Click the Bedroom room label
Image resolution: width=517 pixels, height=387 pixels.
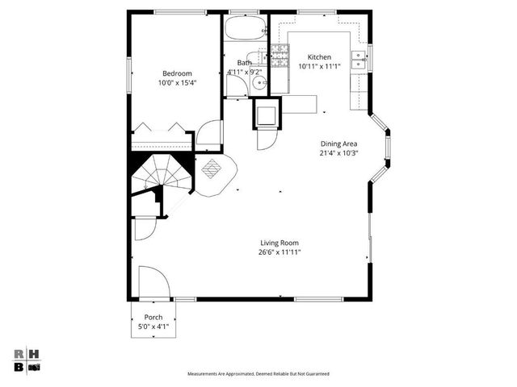click(x=176, y=73)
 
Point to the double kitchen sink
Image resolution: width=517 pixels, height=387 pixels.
click(x=360, y=57)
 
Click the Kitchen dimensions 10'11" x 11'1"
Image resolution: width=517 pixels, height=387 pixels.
click(x=320, y=66)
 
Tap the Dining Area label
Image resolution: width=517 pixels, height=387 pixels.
click(x=338, y=143)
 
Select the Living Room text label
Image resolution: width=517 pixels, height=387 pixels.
click(x=280, y=243)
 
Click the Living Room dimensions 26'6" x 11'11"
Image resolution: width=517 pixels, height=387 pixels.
click(x=280, y=252)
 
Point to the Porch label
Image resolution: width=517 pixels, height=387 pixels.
click(x=153, y=317)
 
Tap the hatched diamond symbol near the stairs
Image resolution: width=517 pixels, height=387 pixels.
click(x=212, y=169)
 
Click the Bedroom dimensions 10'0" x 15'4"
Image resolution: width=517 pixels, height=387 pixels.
click(x=176, y=82)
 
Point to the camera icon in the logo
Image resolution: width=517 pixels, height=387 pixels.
click(x=34, y=367)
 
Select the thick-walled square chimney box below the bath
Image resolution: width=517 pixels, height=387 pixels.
click(x=267, y=114)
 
